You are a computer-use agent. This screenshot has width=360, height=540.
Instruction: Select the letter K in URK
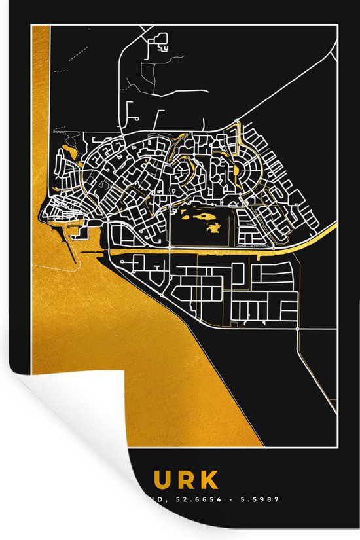(x=209, y=480)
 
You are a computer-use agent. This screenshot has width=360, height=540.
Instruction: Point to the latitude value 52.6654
(x=197, y=499)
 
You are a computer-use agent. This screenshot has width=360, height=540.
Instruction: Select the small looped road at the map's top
(x=158, y=45)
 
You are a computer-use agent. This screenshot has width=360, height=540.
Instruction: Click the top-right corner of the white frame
(x=337, y=24)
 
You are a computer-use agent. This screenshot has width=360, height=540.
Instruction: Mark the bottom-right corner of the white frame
(x=337, y=446)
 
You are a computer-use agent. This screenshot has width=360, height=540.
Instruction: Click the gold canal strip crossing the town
(x=196, y=250)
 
